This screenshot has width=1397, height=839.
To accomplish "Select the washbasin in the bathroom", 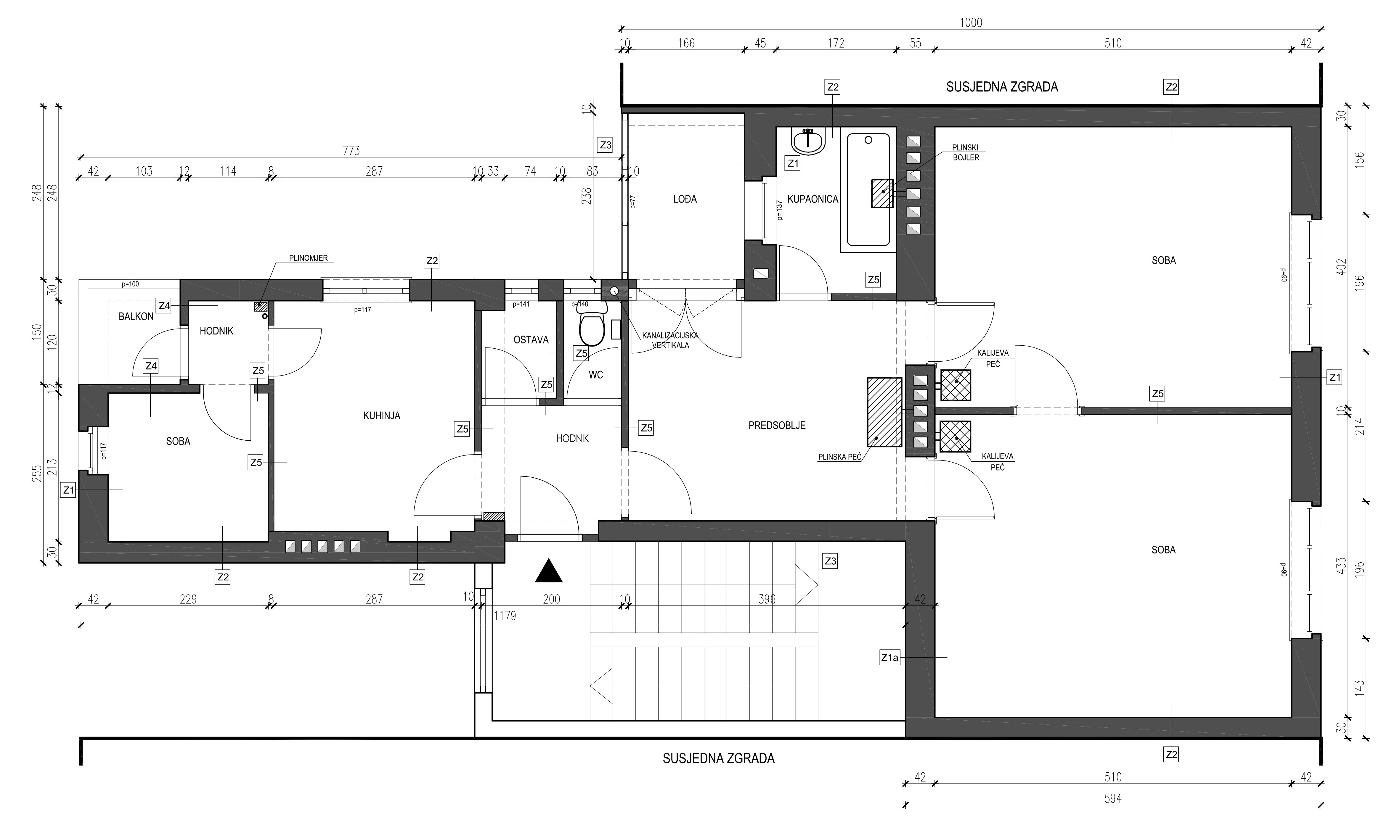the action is [x=808, y=141].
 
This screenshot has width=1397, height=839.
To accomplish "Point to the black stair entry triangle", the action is [x=549, y=571].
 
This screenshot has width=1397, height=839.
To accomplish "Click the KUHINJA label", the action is [x=382, y=416].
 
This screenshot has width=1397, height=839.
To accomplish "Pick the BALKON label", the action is [x=136, y=317].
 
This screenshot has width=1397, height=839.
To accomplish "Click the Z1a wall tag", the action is [x=890, y=658].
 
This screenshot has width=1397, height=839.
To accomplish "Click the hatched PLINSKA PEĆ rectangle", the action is [x=884, y=412].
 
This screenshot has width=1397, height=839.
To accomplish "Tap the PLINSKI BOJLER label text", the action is [x=966, y=153].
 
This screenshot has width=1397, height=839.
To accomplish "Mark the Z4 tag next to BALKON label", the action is [x=164, y=306].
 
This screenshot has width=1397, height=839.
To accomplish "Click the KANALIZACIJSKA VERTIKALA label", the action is [x=670, y=340].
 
